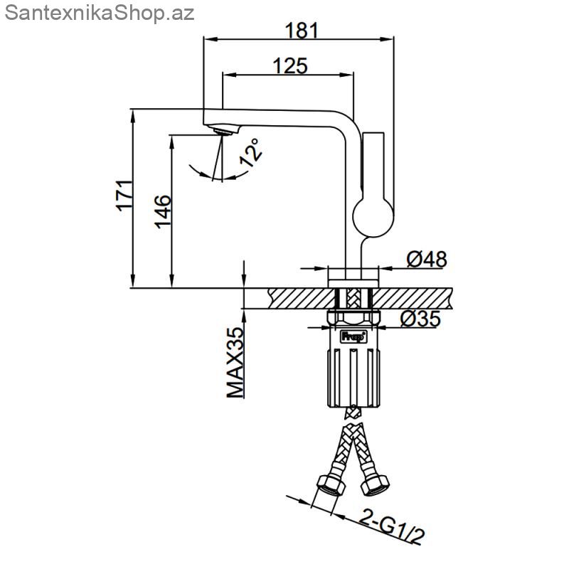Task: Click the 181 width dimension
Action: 302,31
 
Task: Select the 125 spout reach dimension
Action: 290,66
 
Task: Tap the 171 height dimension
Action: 124,195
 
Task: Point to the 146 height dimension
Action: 163,211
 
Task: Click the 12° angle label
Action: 250,152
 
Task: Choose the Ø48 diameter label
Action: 427,259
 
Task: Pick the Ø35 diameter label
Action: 420,319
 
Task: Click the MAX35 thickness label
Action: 235,363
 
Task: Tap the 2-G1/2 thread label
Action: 392,528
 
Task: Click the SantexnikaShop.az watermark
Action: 100,14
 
